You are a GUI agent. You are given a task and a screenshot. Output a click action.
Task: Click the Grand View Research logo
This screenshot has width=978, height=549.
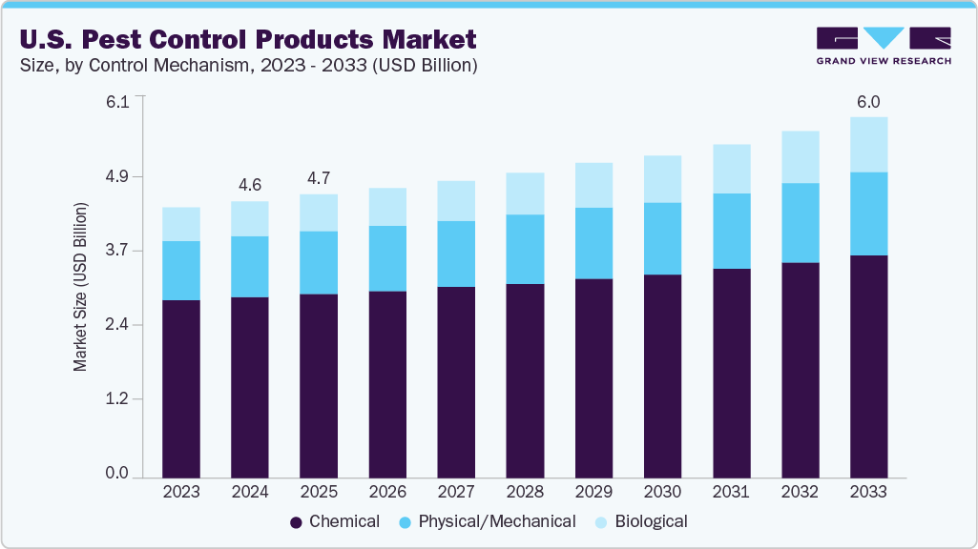(884, 46)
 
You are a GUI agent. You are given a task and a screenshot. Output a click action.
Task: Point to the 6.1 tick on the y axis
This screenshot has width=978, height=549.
(119, 103)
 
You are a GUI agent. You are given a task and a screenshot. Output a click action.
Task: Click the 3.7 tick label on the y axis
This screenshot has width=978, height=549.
(119, 252)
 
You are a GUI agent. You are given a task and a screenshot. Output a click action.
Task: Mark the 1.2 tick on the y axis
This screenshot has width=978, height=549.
(119, 399)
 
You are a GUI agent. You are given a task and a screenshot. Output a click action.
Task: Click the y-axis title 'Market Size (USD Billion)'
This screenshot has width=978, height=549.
(81, 287)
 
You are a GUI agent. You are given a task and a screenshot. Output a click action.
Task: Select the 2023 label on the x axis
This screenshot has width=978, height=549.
(181, 492)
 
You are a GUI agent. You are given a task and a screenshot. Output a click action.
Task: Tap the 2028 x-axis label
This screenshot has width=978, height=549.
(525, 492)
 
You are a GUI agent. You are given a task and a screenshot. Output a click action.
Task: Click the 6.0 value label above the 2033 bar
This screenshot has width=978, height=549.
(868, 102)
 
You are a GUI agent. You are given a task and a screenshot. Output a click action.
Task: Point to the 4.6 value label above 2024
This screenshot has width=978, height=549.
(250, 185)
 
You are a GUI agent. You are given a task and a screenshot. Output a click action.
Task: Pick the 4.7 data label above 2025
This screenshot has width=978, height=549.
(319, 178)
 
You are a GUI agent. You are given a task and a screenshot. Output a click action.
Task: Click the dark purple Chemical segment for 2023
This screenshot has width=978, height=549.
(181, 389)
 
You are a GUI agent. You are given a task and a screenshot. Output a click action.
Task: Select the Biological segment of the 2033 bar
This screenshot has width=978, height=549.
(868, 145)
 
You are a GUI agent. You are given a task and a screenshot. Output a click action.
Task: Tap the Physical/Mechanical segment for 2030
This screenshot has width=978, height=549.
(662, 238)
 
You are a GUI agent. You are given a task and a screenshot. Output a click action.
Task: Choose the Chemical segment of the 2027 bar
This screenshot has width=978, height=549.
(456, 381)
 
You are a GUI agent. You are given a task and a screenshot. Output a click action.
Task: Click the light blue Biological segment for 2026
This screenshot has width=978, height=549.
(387, 207)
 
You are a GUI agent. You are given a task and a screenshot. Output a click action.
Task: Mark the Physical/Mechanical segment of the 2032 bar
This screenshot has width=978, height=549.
(800, 222)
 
